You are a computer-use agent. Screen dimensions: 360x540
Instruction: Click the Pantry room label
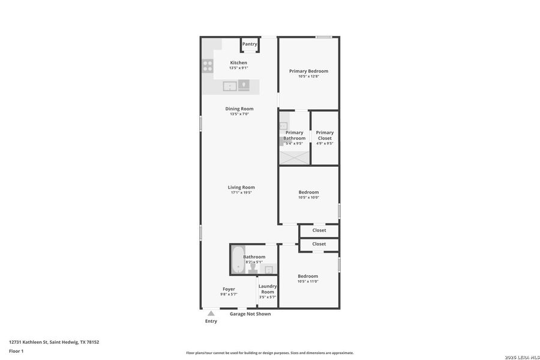tap(250, 44)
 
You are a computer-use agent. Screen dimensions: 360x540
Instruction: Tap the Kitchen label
tap(238, 62)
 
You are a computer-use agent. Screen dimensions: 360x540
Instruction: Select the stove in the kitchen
tap(208, 66)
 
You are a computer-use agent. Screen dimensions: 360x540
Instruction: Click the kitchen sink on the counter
tap(230, 86)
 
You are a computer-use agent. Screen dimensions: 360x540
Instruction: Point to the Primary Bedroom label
tap(308, 71)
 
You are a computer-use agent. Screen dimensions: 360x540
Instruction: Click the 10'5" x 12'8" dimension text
tap(308, 76)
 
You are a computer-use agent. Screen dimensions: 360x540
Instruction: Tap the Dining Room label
tap(239, 109)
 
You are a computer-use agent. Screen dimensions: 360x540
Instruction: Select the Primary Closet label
tap(325, 135)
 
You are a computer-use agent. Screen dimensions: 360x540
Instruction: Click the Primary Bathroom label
tap(295, 135)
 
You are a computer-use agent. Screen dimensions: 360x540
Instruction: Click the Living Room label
tap(241, 187)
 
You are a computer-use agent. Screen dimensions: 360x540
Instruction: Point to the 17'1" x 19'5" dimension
tap(241, 193)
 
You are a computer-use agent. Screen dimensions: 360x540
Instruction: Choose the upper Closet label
tap(319, 230)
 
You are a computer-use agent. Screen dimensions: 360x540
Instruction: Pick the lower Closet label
tap(319, 244)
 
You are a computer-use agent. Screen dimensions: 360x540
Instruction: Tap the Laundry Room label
tap(268, 289)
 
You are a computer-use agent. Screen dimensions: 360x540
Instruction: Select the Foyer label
tap(229, 289)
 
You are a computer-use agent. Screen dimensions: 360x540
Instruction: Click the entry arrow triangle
tap(211, 313)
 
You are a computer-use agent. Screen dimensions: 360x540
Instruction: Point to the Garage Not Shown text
tap(250, 314)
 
